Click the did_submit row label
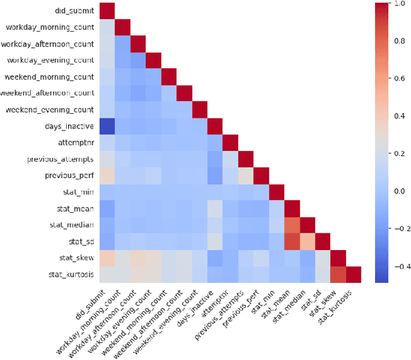71,11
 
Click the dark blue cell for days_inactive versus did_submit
106,126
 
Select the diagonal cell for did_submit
106,11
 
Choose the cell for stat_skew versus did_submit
106,258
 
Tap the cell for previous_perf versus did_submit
106,175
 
